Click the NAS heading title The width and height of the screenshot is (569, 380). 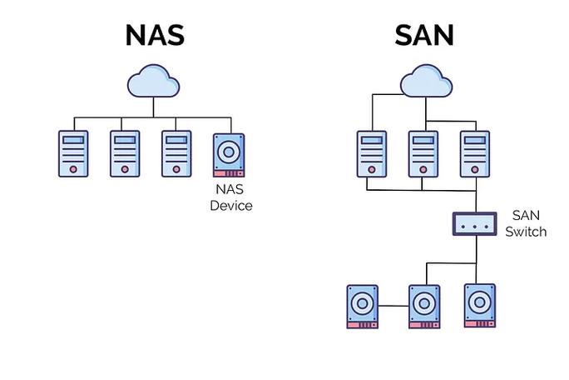(x=154, y=34)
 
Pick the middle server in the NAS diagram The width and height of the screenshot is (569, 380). (x=125, y=153)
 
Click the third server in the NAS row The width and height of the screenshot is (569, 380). (x=176, y=153)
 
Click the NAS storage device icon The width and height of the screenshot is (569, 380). (x=230, y=154)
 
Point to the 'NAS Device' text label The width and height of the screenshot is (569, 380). (x=230, y=197)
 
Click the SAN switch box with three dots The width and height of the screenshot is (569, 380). (x=474, y=223)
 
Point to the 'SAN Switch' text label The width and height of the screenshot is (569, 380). (x=526, y=223)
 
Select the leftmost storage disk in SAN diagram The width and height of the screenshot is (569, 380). (x=364, y=306)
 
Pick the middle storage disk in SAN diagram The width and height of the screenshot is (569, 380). (x=423, y=306)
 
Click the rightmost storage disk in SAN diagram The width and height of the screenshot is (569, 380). (x=479, y=306)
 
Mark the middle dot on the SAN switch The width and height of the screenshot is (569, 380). (x=474, y=223)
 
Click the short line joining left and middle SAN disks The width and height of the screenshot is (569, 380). (x=393, y=306)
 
